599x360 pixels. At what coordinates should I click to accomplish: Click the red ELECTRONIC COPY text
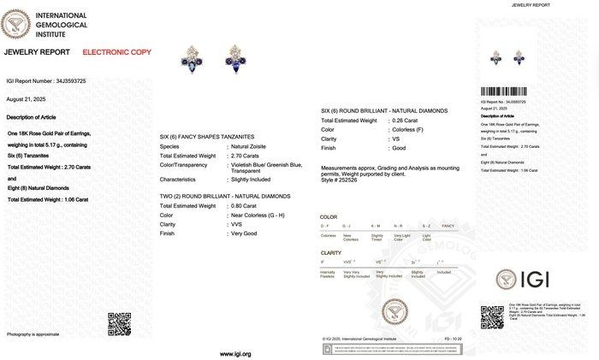tap(116, 53)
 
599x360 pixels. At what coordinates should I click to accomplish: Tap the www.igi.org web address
tap(235, 353)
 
